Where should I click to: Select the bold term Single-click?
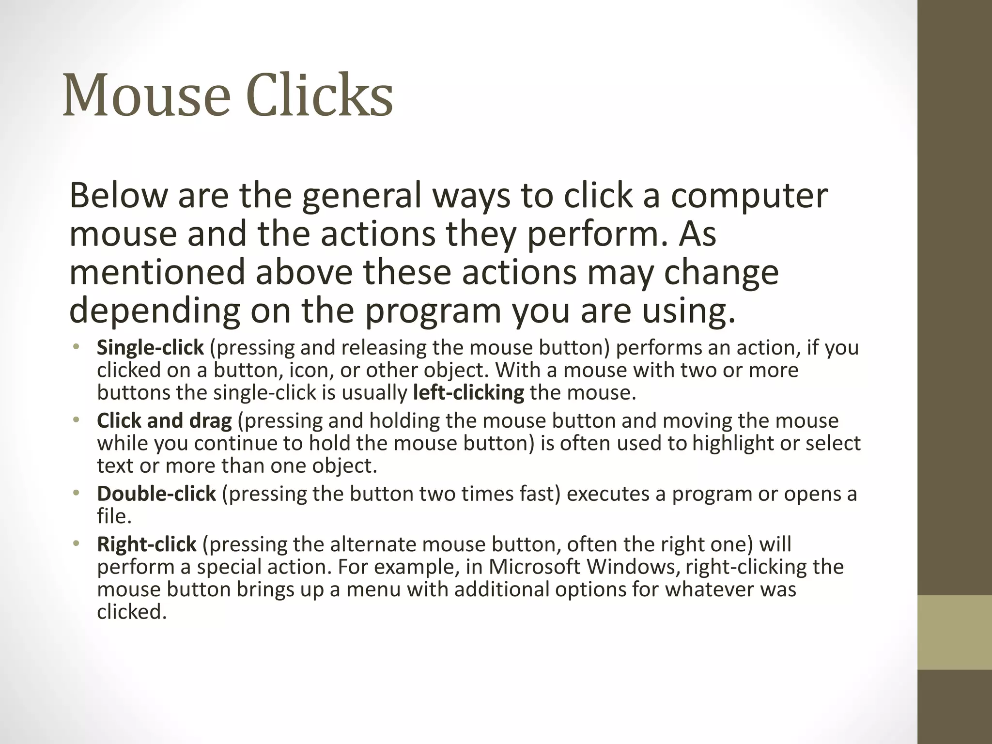[x=150, y=348]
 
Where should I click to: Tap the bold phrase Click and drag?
[x=164, y=420]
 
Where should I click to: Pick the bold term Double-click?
[x=156, y=494]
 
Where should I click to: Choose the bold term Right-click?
[x=146, y=544]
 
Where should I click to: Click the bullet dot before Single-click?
[x=76, y=347]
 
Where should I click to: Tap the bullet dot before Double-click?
[x=76, y=493]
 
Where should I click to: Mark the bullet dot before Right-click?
[x=76, y=544]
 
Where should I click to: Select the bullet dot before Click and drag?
[x=76, y=420]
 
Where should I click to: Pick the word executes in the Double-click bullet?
[x=608, y=494]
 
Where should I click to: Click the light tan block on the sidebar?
[x=955, y=632]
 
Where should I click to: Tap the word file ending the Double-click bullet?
[x=112, y=516]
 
